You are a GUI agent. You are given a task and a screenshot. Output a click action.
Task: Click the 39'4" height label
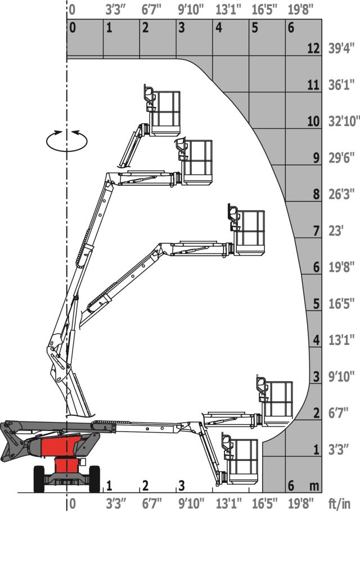pyautogui.click(x=341, y=48)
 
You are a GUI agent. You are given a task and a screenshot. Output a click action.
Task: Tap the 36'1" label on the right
pyautogui.click(x=341, y=85)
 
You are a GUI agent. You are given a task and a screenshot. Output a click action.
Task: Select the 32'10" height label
pyautogui.click(x=344, y=121)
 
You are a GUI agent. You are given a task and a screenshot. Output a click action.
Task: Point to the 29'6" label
pyautogui.click(x=341, y=158)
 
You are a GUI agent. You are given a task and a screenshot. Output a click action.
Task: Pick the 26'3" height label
pyautogui.click(x=341, y=194)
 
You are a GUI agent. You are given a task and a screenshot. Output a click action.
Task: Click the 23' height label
pyautogui.click(x=335, y=231)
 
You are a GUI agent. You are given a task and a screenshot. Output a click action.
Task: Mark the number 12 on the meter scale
pyautogui.click(x=313, y=48)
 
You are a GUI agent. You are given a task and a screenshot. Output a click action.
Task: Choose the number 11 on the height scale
pyautogui.click(x=313, y=85)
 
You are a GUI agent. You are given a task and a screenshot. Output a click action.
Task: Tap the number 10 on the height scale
pyautogui.click(x=313, y=121)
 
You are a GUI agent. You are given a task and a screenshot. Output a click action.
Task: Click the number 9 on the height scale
pyautogui.click(x=316, y=158)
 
